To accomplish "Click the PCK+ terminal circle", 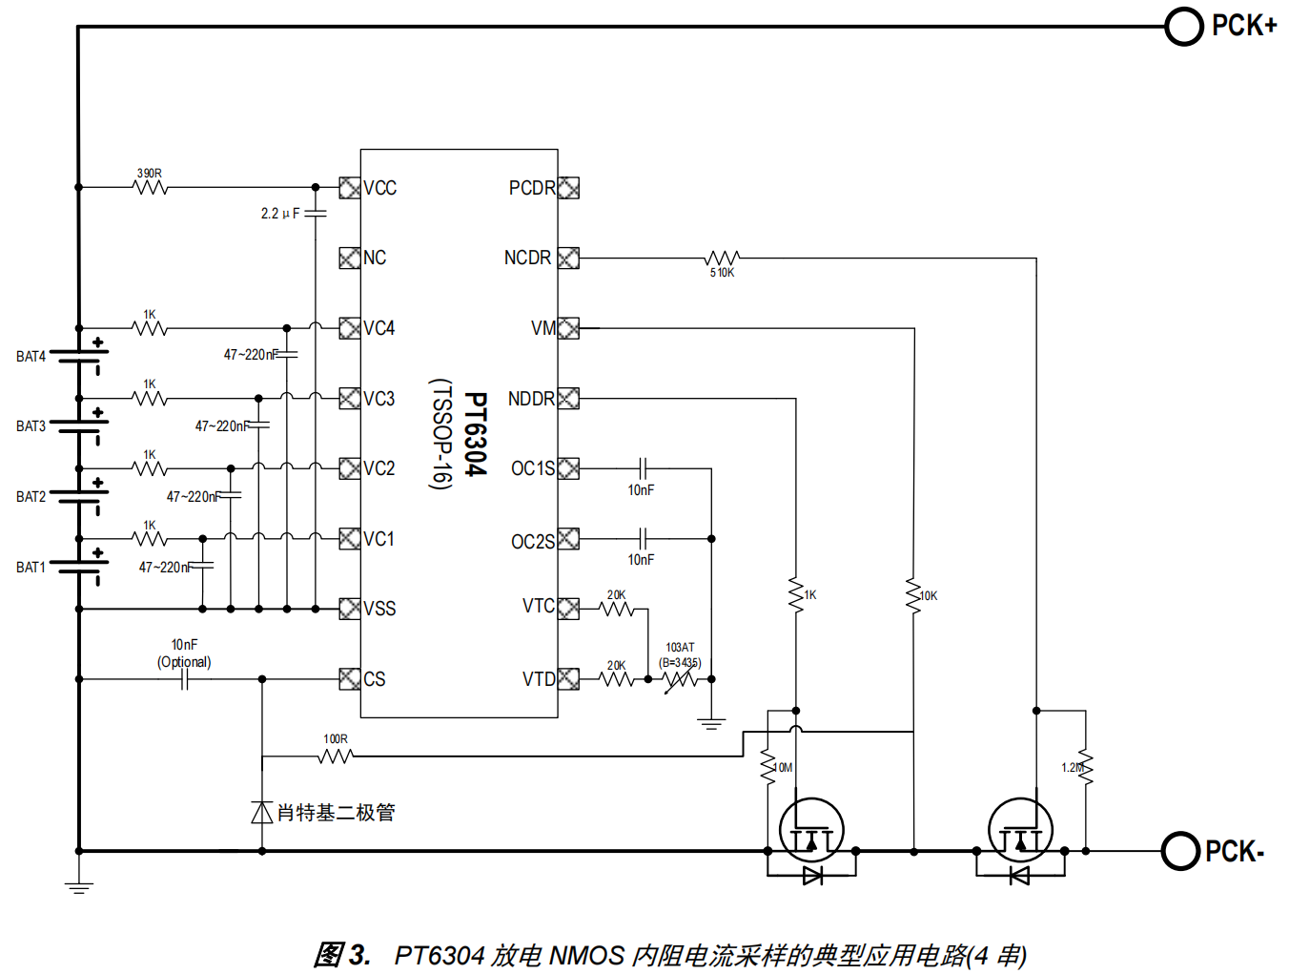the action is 1184,27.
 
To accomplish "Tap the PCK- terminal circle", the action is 1180,851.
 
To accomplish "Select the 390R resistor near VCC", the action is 151,187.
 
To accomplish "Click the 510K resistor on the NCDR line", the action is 722,258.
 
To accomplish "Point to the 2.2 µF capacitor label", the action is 280,214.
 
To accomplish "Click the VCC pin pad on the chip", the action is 349,188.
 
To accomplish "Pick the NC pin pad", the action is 349,258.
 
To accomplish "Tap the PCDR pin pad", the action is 568,188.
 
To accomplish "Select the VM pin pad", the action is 568,328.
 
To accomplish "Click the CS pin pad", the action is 349,679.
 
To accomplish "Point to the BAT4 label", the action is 31,357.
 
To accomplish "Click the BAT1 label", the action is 31,568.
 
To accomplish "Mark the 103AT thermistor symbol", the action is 680,679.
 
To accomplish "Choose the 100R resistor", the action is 336,756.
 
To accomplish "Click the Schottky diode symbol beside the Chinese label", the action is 262,812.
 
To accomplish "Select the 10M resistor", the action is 767,767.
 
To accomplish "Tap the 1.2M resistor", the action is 1086,767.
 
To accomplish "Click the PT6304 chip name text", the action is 476,434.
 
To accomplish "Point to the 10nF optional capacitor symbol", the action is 184,679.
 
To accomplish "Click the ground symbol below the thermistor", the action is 711,724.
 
